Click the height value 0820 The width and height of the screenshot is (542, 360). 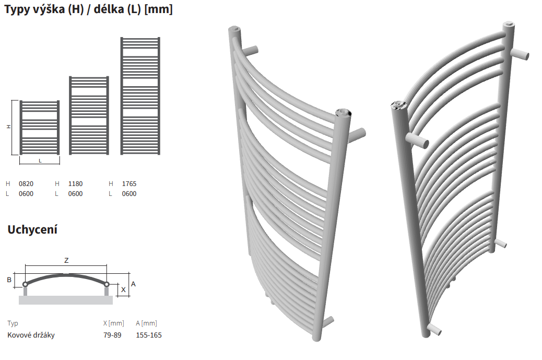coord(26,183)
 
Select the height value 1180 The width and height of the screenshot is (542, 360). coord(75,183)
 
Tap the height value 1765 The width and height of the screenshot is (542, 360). coord(129,183)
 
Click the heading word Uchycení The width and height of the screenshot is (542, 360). coord(32,229)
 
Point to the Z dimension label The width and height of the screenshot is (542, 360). coord(66,260)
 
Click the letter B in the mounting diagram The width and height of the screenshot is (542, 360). coord(9,280)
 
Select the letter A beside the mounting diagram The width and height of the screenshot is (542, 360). coord(134,284)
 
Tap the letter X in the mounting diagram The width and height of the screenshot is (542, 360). coord(123,290)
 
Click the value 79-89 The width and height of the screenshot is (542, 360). coord(112,335)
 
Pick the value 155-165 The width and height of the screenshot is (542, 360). coord(149,335)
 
